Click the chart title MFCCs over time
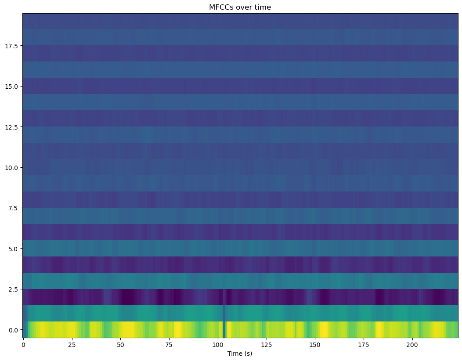click(240, 7)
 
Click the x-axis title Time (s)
click(240, 354)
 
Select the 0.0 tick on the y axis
click(13, 330)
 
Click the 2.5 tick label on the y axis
click(13, 289)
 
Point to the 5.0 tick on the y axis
click(13, 249)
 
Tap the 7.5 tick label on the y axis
click(13, 208)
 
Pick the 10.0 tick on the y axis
click(11, 167)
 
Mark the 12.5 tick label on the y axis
click(11, 127)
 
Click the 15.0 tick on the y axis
click(11, 86)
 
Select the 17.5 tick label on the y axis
click(11, 46)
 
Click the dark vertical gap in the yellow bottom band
click(224, 329)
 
